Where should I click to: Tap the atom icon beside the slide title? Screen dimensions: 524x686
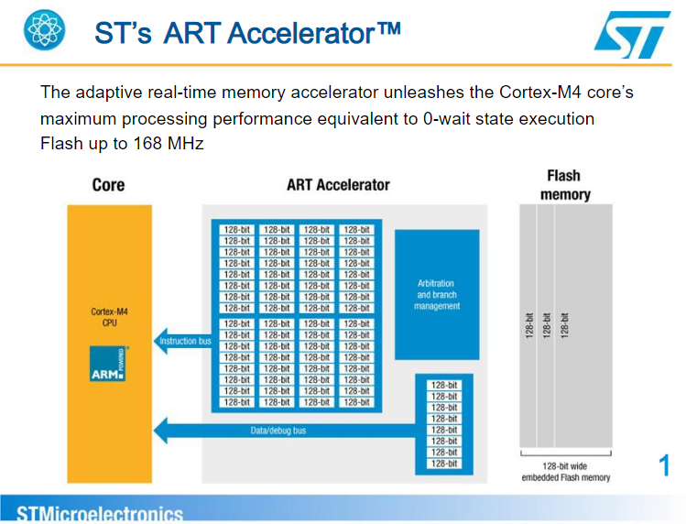[45, 31]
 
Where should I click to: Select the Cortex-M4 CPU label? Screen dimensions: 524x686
[109, 317]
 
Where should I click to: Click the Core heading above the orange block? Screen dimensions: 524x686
[108, 185]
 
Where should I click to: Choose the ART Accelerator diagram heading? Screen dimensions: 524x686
[338, 185]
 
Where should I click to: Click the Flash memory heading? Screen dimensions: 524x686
[564, 184]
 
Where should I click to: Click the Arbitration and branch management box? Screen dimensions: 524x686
[436, 295]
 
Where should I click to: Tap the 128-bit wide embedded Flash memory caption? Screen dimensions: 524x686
[565, 472]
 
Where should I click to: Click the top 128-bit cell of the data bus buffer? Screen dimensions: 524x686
[443, 385]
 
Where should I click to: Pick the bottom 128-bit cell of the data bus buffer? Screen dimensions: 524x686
[443, 464]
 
